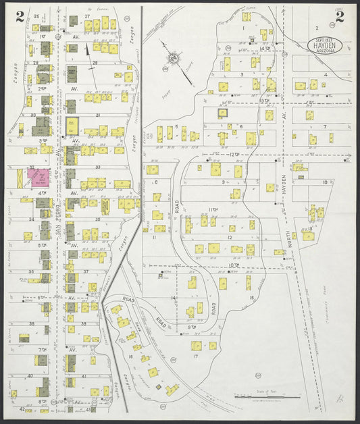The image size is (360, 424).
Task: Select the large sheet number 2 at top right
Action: pyautogui.click(x=339, y=18)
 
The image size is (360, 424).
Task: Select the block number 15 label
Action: pyautogui.click(x=250, y=297)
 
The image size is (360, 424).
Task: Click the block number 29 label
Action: pyautogui.click(x=94, y=63)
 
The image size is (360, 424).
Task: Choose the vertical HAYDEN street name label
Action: pyautogui.click(x=284, y=186)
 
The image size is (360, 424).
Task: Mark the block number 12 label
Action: pyautogui.click(x=230, y=237)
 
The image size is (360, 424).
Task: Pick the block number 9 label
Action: pyautogui.click(x=224, y=182)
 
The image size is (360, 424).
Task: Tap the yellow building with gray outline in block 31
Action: pyautogui.click(x=72, y=124)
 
